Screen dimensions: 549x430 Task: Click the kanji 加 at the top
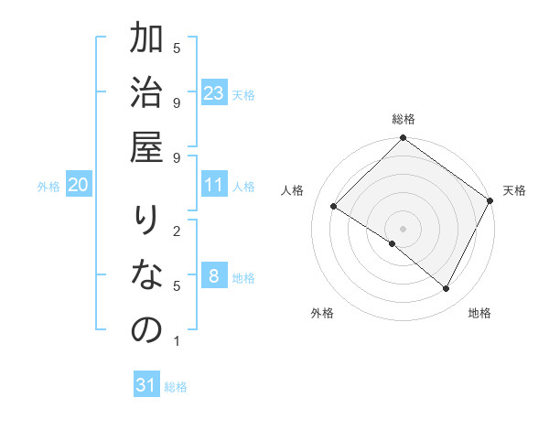(x=145, y=42)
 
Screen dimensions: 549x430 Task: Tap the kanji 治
(x=145, y=97)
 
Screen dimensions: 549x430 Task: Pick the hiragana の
(x=145, y=331)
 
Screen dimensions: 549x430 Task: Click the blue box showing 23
(x=213, y=93)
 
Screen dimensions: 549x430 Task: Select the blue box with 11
(x=213, y=185)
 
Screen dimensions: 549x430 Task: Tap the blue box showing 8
(x=213, y=277)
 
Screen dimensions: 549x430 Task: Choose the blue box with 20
(x=79, y=185)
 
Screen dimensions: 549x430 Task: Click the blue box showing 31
(x=146, y=385)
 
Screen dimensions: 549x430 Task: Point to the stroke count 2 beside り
(x=176, y=231)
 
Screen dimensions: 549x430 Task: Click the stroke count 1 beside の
(x=176, y=341)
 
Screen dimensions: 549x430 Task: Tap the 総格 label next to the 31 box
(x=176, y=387)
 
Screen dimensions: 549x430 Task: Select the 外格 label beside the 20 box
(x=48, y=187)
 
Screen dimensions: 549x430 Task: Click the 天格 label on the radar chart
(x=514, y=190)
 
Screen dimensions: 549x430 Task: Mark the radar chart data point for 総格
(x=403, y=139)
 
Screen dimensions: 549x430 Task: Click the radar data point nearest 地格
(x=447, y=289)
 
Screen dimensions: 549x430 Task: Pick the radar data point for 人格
(x=334, y=207)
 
